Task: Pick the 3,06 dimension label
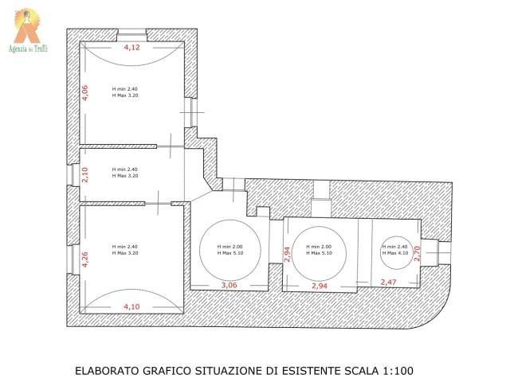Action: pos(229,284)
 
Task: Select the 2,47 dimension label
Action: pos(388,283)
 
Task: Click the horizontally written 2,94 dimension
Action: pos(319,284)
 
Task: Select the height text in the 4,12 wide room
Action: pos(124,92)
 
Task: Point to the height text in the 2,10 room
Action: pos(124,172)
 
